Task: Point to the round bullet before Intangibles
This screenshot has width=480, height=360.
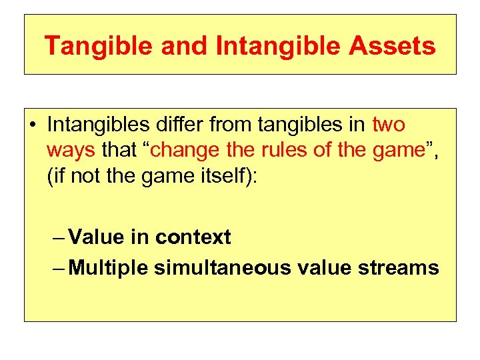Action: (33, 125)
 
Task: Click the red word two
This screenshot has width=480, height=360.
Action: (389, 125)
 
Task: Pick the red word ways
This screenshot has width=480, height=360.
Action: (71, 150)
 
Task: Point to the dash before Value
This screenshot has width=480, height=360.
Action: (58, 237)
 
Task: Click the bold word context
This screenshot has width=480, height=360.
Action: (193, 237)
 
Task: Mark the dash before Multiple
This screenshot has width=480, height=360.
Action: (58, 267)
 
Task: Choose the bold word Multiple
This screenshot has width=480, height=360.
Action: (109, 267)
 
